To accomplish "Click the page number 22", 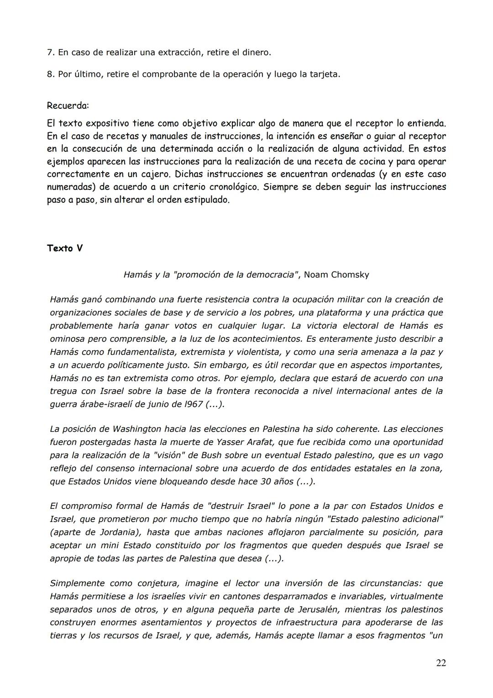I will click(441, 663).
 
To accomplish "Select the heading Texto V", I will click(65, 249).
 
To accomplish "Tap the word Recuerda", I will click(68, 106).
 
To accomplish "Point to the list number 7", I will click(50, 53).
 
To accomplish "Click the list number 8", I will click(50, 74).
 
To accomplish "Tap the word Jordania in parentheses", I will click(109, 532).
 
